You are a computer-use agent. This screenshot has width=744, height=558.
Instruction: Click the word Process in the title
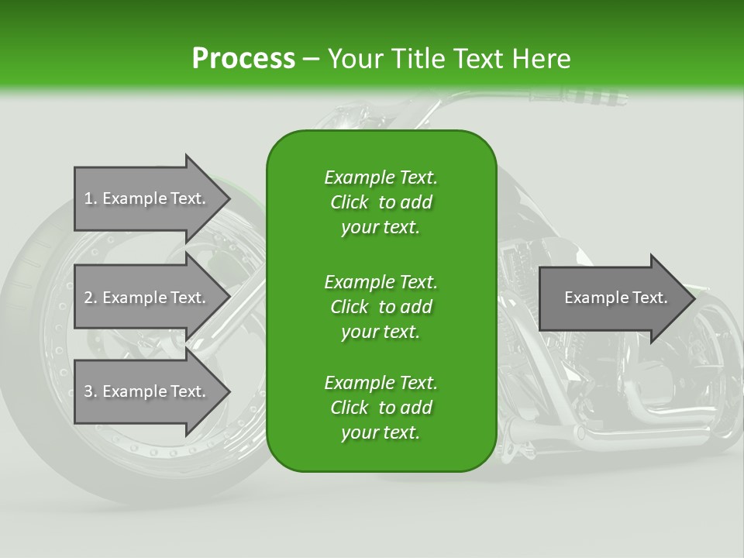(x=243, y=58)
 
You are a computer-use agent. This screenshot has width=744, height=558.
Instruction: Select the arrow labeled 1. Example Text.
(x=147, y=198)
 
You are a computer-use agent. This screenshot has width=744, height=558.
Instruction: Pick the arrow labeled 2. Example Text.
(x=147, y=298)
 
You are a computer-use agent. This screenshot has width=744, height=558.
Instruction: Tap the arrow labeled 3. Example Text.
(x=147, y=391)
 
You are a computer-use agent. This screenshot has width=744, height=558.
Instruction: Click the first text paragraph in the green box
(x=381, y=202)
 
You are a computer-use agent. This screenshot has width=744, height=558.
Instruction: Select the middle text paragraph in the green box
(x=381, y=306)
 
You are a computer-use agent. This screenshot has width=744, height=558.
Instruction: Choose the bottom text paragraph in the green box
(x=381, y=408)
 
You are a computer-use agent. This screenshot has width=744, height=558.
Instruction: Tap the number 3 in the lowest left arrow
(x=88, y=391)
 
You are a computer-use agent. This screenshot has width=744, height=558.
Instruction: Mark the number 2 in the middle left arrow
(x=88, y=298)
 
